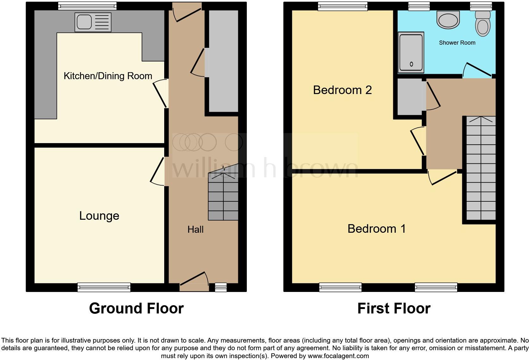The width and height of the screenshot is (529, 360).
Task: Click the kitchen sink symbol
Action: tap(93, 22)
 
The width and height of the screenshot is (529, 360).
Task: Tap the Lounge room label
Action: tap(99, 216)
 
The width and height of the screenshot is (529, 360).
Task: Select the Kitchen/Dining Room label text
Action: tap(108, 76)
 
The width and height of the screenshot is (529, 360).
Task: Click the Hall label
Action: tap(195, 230)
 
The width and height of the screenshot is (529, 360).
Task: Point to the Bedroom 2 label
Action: tap(342, 90)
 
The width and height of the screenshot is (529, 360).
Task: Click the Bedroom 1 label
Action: tap(377, 229)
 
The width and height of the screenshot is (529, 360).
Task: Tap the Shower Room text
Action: tap(457, 43)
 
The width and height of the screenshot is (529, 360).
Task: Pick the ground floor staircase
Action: tap(223, 196)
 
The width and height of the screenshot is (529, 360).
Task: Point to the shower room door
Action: tap(477, 70)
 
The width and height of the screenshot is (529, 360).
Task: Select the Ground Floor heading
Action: tap(136, 308)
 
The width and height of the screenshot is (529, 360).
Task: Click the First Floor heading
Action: tap(394, 308)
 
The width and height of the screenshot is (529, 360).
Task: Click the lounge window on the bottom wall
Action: tap(104, 287)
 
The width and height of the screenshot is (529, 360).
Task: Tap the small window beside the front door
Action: tap(221, 287)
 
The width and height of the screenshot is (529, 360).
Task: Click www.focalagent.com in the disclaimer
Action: tap(338, 356)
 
